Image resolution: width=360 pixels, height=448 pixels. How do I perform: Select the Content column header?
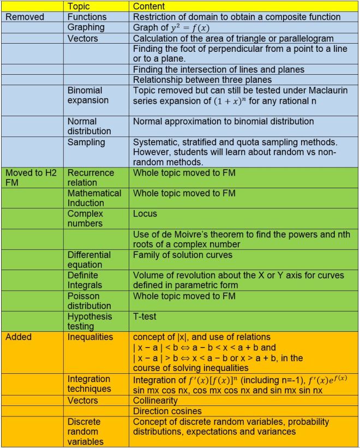(150, 7)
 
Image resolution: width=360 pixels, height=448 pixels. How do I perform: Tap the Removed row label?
(25, 17)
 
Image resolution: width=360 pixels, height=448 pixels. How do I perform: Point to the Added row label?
(19, 337)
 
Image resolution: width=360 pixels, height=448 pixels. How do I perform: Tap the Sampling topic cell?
(86, 142)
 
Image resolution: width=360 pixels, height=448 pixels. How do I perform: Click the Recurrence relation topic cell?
(91, 178)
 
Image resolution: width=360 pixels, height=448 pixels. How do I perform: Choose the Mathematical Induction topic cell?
(94, 198)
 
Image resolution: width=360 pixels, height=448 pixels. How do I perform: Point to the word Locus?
(145, 214)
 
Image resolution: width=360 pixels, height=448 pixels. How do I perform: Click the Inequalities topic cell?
(90, 337)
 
